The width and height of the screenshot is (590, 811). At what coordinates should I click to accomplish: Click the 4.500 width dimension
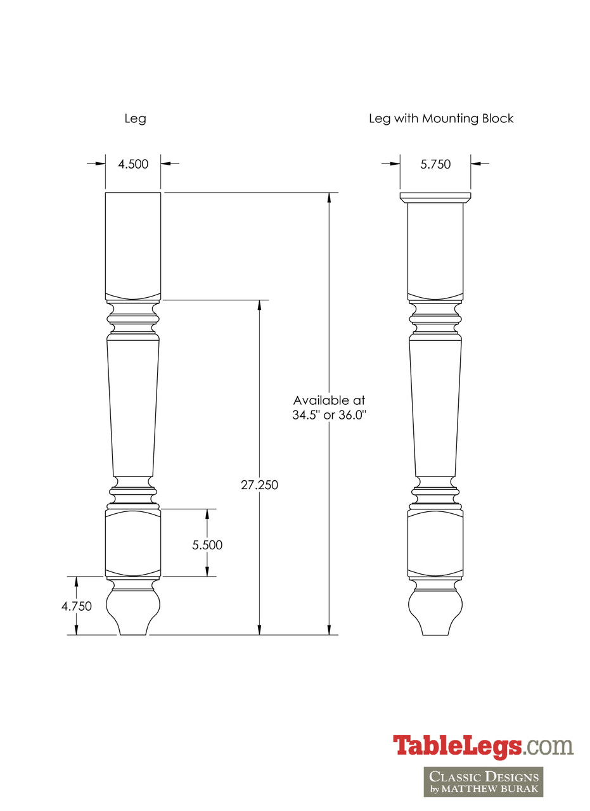point(133,164)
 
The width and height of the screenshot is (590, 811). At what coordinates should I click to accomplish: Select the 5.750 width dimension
point(435,164)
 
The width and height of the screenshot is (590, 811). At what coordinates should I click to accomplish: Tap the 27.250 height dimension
point(259,485)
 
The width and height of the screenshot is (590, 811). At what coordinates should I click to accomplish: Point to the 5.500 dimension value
point(207,545)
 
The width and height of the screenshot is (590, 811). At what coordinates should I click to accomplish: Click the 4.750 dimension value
point(77,606)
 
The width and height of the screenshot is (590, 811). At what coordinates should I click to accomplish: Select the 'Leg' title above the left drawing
point(136,118)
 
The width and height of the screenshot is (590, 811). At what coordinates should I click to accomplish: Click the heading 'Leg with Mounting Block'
point(441,118)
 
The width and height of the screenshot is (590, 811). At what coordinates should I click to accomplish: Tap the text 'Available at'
point(329,400)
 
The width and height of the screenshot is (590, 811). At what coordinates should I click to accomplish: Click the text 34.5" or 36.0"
point(329,416)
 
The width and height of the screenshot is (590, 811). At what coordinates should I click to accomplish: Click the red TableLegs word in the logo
point(456,746)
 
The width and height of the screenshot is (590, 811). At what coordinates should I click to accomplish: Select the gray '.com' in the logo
point(549,746)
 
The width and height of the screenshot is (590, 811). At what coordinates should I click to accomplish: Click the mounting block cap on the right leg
point(435,197)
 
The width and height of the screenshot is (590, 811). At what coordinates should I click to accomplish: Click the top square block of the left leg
point(132,244)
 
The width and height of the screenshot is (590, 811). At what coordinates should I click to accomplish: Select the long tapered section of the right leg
point(435,405)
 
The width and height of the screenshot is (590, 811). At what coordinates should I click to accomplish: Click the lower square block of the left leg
point(132,542)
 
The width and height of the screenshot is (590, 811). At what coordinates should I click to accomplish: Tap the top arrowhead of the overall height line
point(329,197)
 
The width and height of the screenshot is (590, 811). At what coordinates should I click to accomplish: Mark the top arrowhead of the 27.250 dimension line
point(259,305)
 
